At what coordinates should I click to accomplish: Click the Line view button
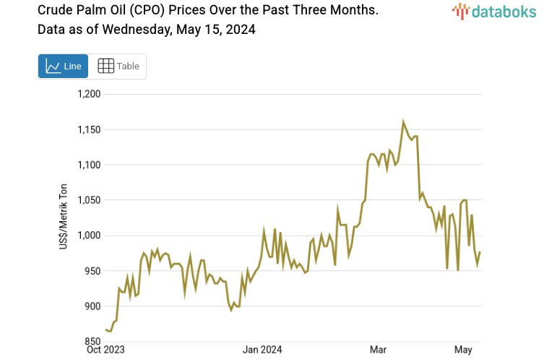coord(63,66)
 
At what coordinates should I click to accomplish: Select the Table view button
coord(118,66)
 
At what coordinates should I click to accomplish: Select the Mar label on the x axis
coord(378,351)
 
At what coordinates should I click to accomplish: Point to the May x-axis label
coord(463,351)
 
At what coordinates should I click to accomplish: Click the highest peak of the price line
coord(403,121)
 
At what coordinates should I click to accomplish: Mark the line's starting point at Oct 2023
coord(105,330)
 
